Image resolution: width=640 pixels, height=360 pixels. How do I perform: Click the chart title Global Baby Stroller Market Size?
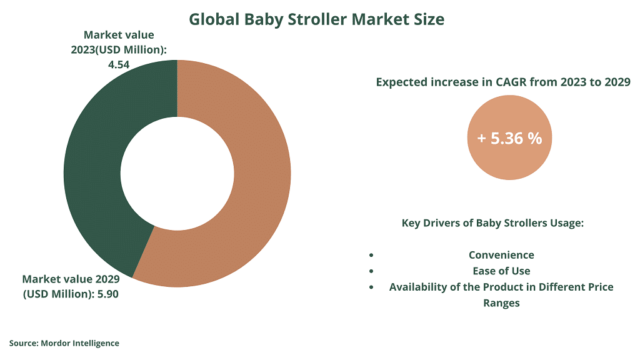click(316, 19)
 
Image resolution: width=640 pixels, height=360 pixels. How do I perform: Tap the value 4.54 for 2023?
click(119, 64)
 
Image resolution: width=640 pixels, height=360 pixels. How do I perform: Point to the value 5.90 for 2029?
click(107, 294)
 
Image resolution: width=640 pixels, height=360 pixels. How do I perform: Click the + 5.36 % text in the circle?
click(509, 138)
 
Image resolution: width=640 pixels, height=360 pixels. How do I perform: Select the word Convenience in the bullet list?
click(501, 255)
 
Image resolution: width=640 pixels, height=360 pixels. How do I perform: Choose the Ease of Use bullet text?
click(501, 271)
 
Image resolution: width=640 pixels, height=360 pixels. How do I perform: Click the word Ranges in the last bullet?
click(501, 303)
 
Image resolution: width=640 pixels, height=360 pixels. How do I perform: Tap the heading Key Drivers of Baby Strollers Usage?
click(492, 223)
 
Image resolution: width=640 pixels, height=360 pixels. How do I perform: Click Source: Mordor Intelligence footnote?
click(64, 343)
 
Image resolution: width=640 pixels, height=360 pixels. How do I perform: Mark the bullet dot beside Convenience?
click(371, 255)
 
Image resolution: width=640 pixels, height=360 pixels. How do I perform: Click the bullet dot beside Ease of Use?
click(371, 271)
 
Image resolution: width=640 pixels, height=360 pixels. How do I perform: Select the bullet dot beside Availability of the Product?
click(371, 287)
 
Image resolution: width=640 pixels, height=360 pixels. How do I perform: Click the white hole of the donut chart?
click(177, 174)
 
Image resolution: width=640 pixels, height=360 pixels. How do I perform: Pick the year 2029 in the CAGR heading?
click(617, 82)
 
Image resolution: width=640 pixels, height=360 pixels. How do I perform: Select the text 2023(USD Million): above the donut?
click(119, 50)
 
